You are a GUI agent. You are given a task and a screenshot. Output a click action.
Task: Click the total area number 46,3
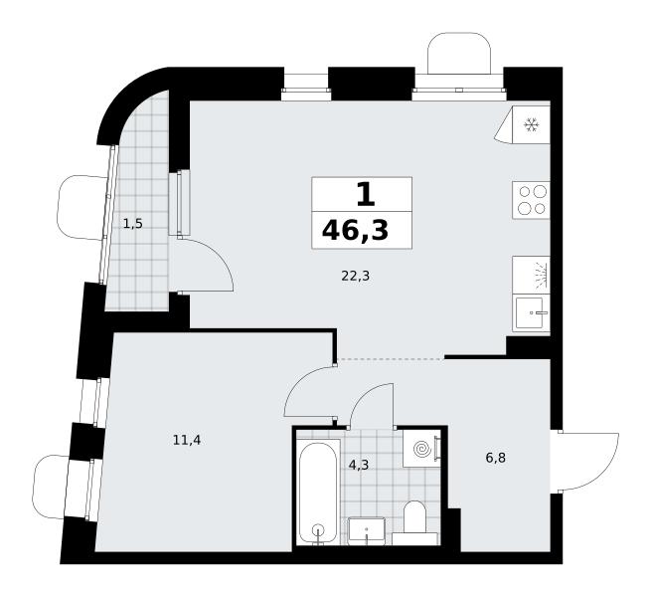pos(355,230)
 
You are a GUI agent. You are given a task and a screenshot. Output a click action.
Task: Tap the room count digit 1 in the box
pos(366,195)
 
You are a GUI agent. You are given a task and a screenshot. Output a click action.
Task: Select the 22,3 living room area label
pos(356,276)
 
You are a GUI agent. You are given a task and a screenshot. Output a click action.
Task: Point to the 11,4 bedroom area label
pos(187,440)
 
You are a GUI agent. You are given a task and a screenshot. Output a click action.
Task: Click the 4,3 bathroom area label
pos(359,465)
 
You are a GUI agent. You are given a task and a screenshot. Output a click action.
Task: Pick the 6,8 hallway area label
pos(496,458)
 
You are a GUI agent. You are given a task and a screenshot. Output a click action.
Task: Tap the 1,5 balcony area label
pos(133,224)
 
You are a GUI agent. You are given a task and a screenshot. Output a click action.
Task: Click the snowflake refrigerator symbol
pos(531,124)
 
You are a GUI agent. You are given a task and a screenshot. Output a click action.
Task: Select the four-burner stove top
pos(531,200)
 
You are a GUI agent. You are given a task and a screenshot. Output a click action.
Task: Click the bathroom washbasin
pos(366,530)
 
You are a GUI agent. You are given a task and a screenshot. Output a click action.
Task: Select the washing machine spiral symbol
pos(421,449)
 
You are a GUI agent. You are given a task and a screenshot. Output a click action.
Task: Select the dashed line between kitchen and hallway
pos(390,359)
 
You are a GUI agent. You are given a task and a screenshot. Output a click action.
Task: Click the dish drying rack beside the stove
pos(531,276)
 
